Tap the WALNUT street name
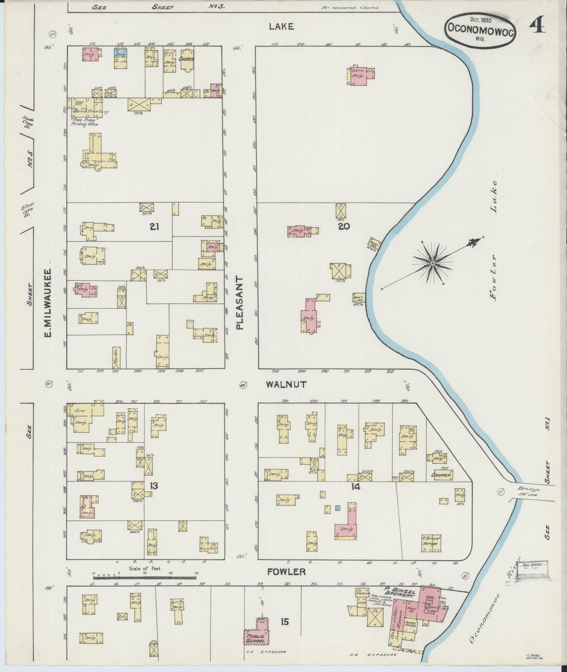pos(286,384)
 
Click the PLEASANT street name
pos(240,302)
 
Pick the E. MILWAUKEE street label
pos(48,303)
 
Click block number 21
pos(154,227)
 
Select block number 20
pos(343,227)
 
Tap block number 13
pos(153,486)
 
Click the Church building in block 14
pos(442,475)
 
